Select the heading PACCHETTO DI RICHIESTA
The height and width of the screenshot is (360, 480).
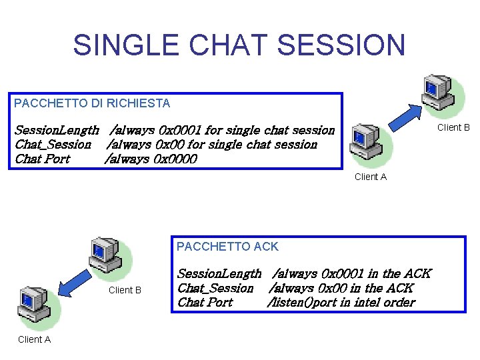click(x=92, y=103)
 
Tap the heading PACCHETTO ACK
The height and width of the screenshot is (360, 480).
click(x=227, y=247)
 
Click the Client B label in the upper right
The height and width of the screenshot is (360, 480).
click(x=453, y=127)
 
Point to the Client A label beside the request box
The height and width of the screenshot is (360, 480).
click(x=370, y=177)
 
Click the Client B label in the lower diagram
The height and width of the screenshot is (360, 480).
click(x=125, y=290)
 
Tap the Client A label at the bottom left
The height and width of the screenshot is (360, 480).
click(x=34, y=339)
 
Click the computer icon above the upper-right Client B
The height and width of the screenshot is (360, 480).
click(x=438, y=93)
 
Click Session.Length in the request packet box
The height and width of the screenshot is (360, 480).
click(x=57, y=130)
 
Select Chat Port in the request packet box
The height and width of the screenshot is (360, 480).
click(x=42, y=159)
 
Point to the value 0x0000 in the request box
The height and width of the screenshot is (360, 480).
click(x=175, y=159)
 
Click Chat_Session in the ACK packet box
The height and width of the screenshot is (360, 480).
click(x=215, y=288)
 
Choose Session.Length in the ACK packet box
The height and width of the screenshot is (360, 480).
click(x=219, y=273)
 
